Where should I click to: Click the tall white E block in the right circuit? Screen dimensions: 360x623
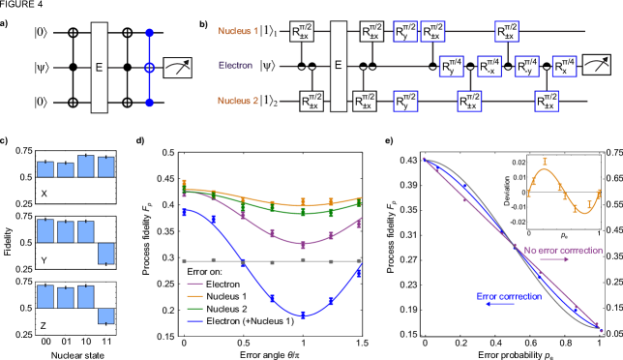pos(338,66)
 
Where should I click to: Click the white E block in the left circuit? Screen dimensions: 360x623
pos(99,68)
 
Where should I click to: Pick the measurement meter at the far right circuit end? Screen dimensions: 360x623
pos(599,67)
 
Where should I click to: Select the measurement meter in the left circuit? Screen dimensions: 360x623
pos(177,67)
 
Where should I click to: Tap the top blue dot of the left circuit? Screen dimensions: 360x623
pos(150,33)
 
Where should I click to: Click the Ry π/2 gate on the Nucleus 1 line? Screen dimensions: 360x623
pos(405,32)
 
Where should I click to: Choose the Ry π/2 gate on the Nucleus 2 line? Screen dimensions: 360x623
pos(405,102)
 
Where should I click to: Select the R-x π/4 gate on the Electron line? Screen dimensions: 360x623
pos(490,67)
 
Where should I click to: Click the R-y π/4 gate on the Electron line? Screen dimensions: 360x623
pos(527,67)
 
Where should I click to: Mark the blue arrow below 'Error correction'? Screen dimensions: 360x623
pos(500,305)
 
